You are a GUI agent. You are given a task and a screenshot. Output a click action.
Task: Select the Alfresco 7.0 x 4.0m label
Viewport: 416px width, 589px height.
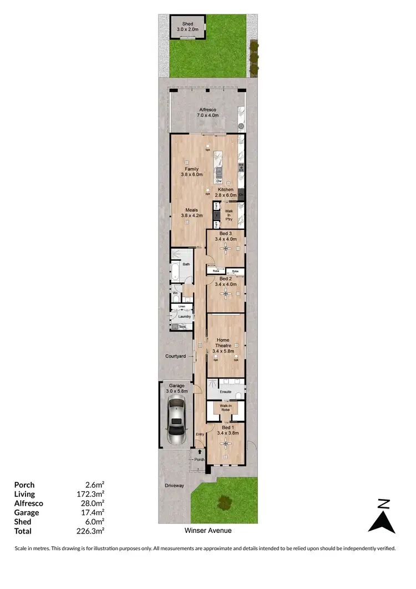(209, 113)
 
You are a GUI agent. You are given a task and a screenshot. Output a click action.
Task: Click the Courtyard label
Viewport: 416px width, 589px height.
(175, 356)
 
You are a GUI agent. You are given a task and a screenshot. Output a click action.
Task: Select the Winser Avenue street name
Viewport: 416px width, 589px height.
(208, 531)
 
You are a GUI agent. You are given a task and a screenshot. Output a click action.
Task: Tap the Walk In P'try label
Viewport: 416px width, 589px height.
(229, 215)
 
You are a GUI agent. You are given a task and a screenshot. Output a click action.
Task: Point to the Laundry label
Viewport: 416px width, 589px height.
(184, 316)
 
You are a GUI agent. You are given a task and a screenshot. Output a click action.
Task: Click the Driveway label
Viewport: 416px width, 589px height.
(174, 485)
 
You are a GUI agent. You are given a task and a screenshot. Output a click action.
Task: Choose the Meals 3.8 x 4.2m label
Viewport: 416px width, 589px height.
(192, 213)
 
